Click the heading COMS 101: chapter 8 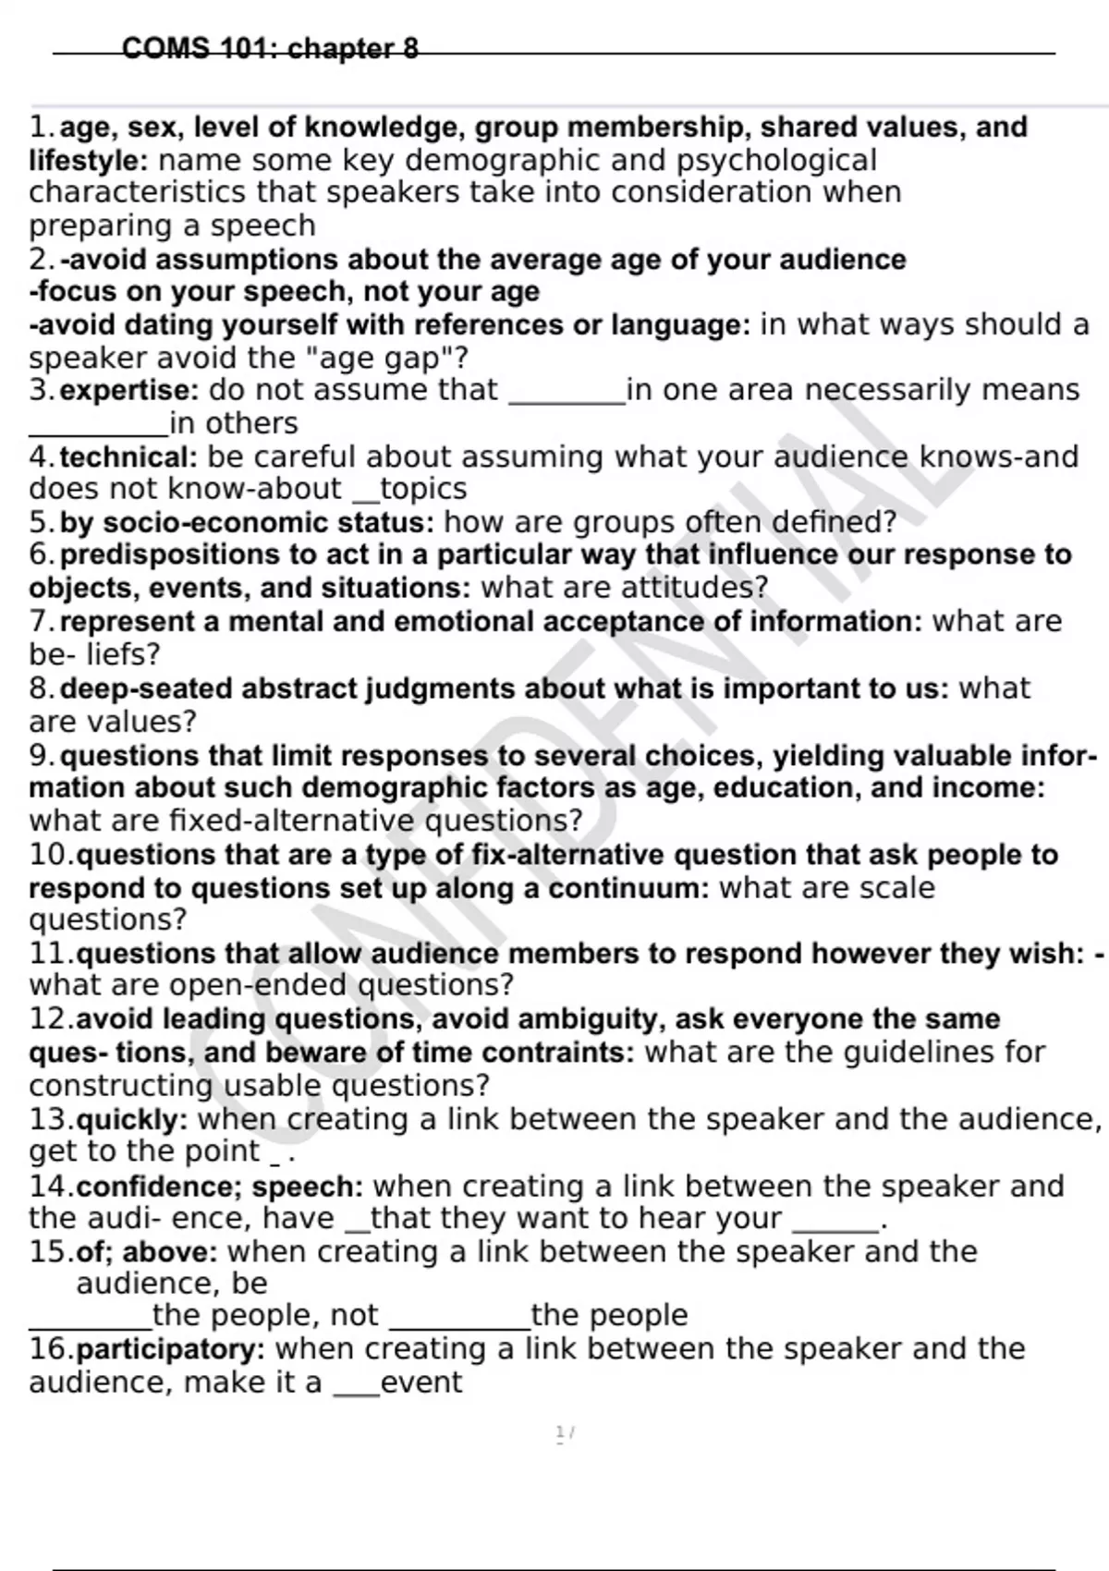click(x=270, y=48)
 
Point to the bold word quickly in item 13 click(x=128, y=1120)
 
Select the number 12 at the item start click(x=50, y=1019)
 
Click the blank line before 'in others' click(x=98, y=431)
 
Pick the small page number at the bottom click(x=563, y=1433)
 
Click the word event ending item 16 click(x=420, y=1383)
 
